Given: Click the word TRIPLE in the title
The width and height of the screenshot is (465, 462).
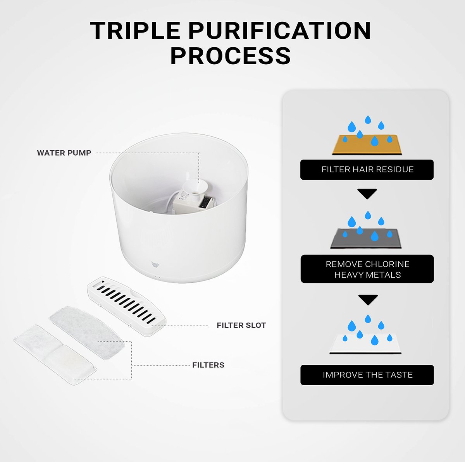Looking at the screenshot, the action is (x=135, y=30).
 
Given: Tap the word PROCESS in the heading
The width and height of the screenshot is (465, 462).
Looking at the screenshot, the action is (x=231, y=56).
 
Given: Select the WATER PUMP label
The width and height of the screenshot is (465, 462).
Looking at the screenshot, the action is (x=64, y=153).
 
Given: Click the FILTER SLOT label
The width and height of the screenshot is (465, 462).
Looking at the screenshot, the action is (x=241, y=325).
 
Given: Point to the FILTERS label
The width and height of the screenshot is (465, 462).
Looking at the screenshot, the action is (x=208, y=365).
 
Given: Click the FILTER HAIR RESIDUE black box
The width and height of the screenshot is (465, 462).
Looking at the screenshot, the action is (x=367, y=170).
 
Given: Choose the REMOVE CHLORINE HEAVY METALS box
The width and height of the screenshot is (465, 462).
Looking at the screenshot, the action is (x=367, y=269).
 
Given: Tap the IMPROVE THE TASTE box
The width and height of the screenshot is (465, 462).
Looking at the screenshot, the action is (x=367, y=375).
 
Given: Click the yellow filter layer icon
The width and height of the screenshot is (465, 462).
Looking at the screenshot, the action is (x=367, y=145).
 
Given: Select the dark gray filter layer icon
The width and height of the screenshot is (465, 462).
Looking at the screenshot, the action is (x=366, y=239).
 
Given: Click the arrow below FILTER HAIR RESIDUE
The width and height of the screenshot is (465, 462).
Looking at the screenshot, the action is (x=367, y=194).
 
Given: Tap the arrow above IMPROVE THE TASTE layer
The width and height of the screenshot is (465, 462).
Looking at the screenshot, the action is (x=368, y=300).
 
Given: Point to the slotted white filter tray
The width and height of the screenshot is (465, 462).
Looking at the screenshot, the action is (x=127, y=306).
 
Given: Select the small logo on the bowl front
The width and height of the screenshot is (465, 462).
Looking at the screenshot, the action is (x=155, y=264).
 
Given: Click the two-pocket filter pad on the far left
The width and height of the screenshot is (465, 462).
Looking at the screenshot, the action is (x=55, y=355).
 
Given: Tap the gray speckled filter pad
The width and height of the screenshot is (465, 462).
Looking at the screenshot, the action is (x=87, y=333).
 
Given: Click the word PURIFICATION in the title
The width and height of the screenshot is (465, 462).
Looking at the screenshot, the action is (x=279, y=30).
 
